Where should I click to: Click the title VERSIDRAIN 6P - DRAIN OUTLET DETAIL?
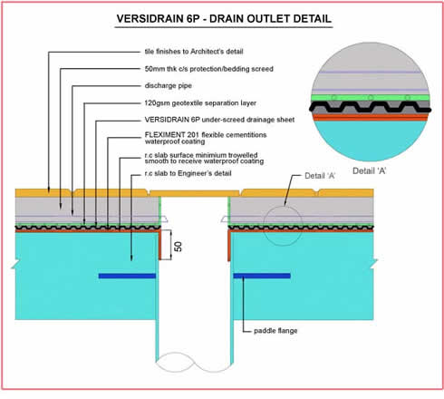(x=224, y=19)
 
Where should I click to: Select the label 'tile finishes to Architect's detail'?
(x=194, y=52)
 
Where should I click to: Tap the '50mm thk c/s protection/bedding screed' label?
(x=208, y=69)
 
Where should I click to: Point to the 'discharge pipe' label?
(x=168, y=86)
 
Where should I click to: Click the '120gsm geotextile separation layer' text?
(x=200, y=103)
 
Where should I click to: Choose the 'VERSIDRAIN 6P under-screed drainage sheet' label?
(x=219, y=120)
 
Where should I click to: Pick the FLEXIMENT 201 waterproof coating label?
(x=206, y=138)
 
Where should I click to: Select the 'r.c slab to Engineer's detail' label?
(x=188, y=173)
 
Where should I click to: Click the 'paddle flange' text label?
(x=275, y=331)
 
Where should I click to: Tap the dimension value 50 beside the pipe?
(x=179, y=247)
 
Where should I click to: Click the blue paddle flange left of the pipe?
(x=127, y=276)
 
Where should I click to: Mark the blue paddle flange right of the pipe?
(x=262, y=276)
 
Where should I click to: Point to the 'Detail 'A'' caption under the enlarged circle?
(x=369, y=171)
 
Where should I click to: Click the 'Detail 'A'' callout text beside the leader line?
(x=320, y=176)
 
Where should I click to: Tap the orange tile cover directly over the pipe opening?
(x=195, y=193)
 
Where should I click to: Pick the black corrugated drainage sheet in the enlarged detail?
(x=371, y=107)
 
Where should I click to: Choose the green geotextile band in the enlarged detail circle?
(x=371, y=98)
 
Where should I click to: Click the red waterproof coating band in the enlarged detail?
(x=371, y=118)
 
